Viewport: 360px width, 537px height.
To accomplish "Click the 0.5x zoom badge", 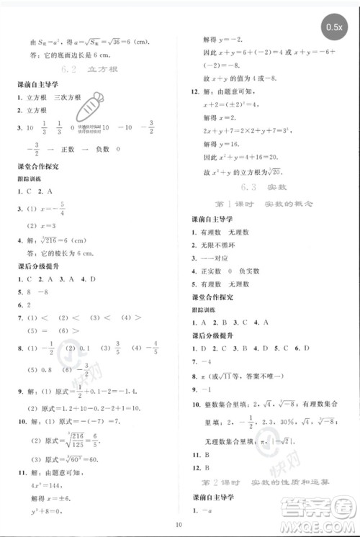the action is point(334,27).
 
